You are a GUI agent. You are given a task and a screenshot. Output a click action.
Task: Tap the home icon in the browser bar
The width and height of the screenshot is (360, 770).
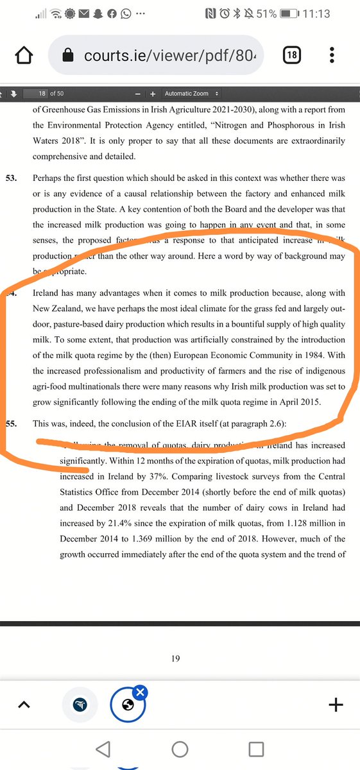[24, 56]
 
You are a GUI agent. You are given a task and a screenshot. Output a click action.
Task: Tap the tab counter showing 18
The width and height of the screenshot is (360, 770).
[291, 55]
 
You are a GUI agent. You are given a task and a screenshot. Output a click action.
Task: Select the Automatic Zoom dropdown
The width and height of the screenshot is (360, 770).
[191, 93]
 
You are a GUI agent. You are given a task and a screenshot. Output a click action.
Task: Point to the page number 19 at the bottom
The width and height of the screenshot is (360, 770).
[175, 658]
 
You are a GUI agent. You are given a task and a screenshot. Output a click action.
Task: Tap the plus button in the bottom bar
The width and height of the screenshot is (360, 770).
[335, 705]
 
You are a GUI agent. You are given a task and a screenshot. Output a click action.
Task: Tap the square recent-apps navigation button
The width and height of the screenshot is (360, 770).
[256, 749]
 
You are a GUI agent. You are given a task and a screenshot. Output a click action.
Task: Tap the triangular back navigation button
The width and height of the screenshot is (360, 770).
[103, 749]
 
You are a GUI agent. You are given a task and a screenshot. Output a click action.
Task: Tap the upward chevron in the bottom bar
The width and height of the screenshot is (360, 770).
[24, 705]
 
